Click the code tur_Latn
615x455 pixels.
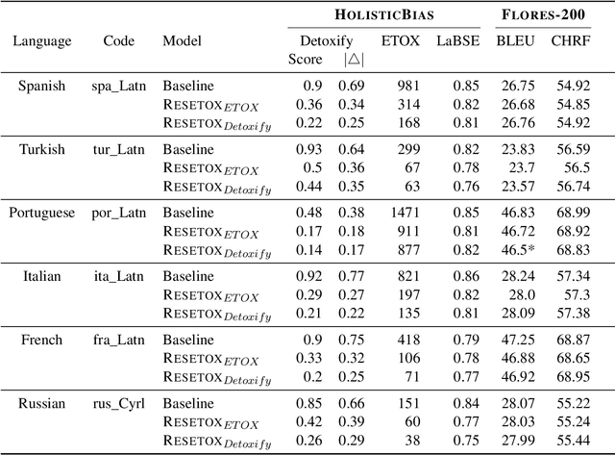coord(119,148)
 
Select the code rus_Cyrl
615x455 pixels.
coord(119,402)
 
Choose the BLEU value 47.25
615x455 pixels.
coord(515,339)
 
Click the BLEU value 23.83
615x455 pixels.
coord(515,148)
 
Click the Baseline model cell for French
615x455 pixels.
coord(188,339)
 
